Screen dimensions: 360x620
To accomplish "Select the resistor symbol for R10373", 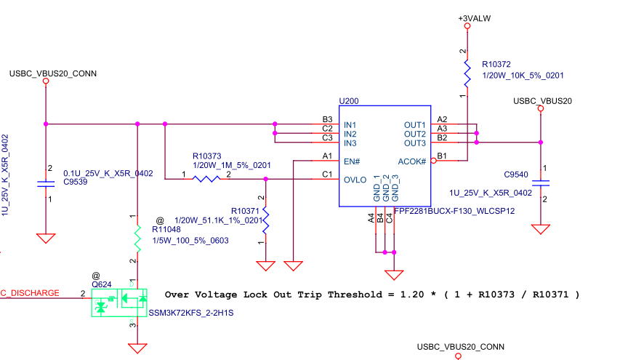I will tap(205, 177).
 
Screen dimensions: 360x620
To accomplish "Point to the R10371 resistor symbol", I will tap(266, 220).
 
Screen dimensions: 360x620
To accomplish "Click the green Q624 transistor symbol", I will tap(118, 301).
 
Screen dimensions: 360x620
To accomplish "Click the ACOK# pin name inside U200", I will tap(411, 161).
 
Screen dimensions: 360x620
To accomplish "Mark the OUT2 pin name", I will tap(414, 135).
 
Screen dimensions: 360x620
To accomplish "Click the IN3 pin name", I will tap(350, 143).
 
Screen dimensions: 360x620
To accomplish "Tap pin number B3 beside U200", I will tap(327, 119).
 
